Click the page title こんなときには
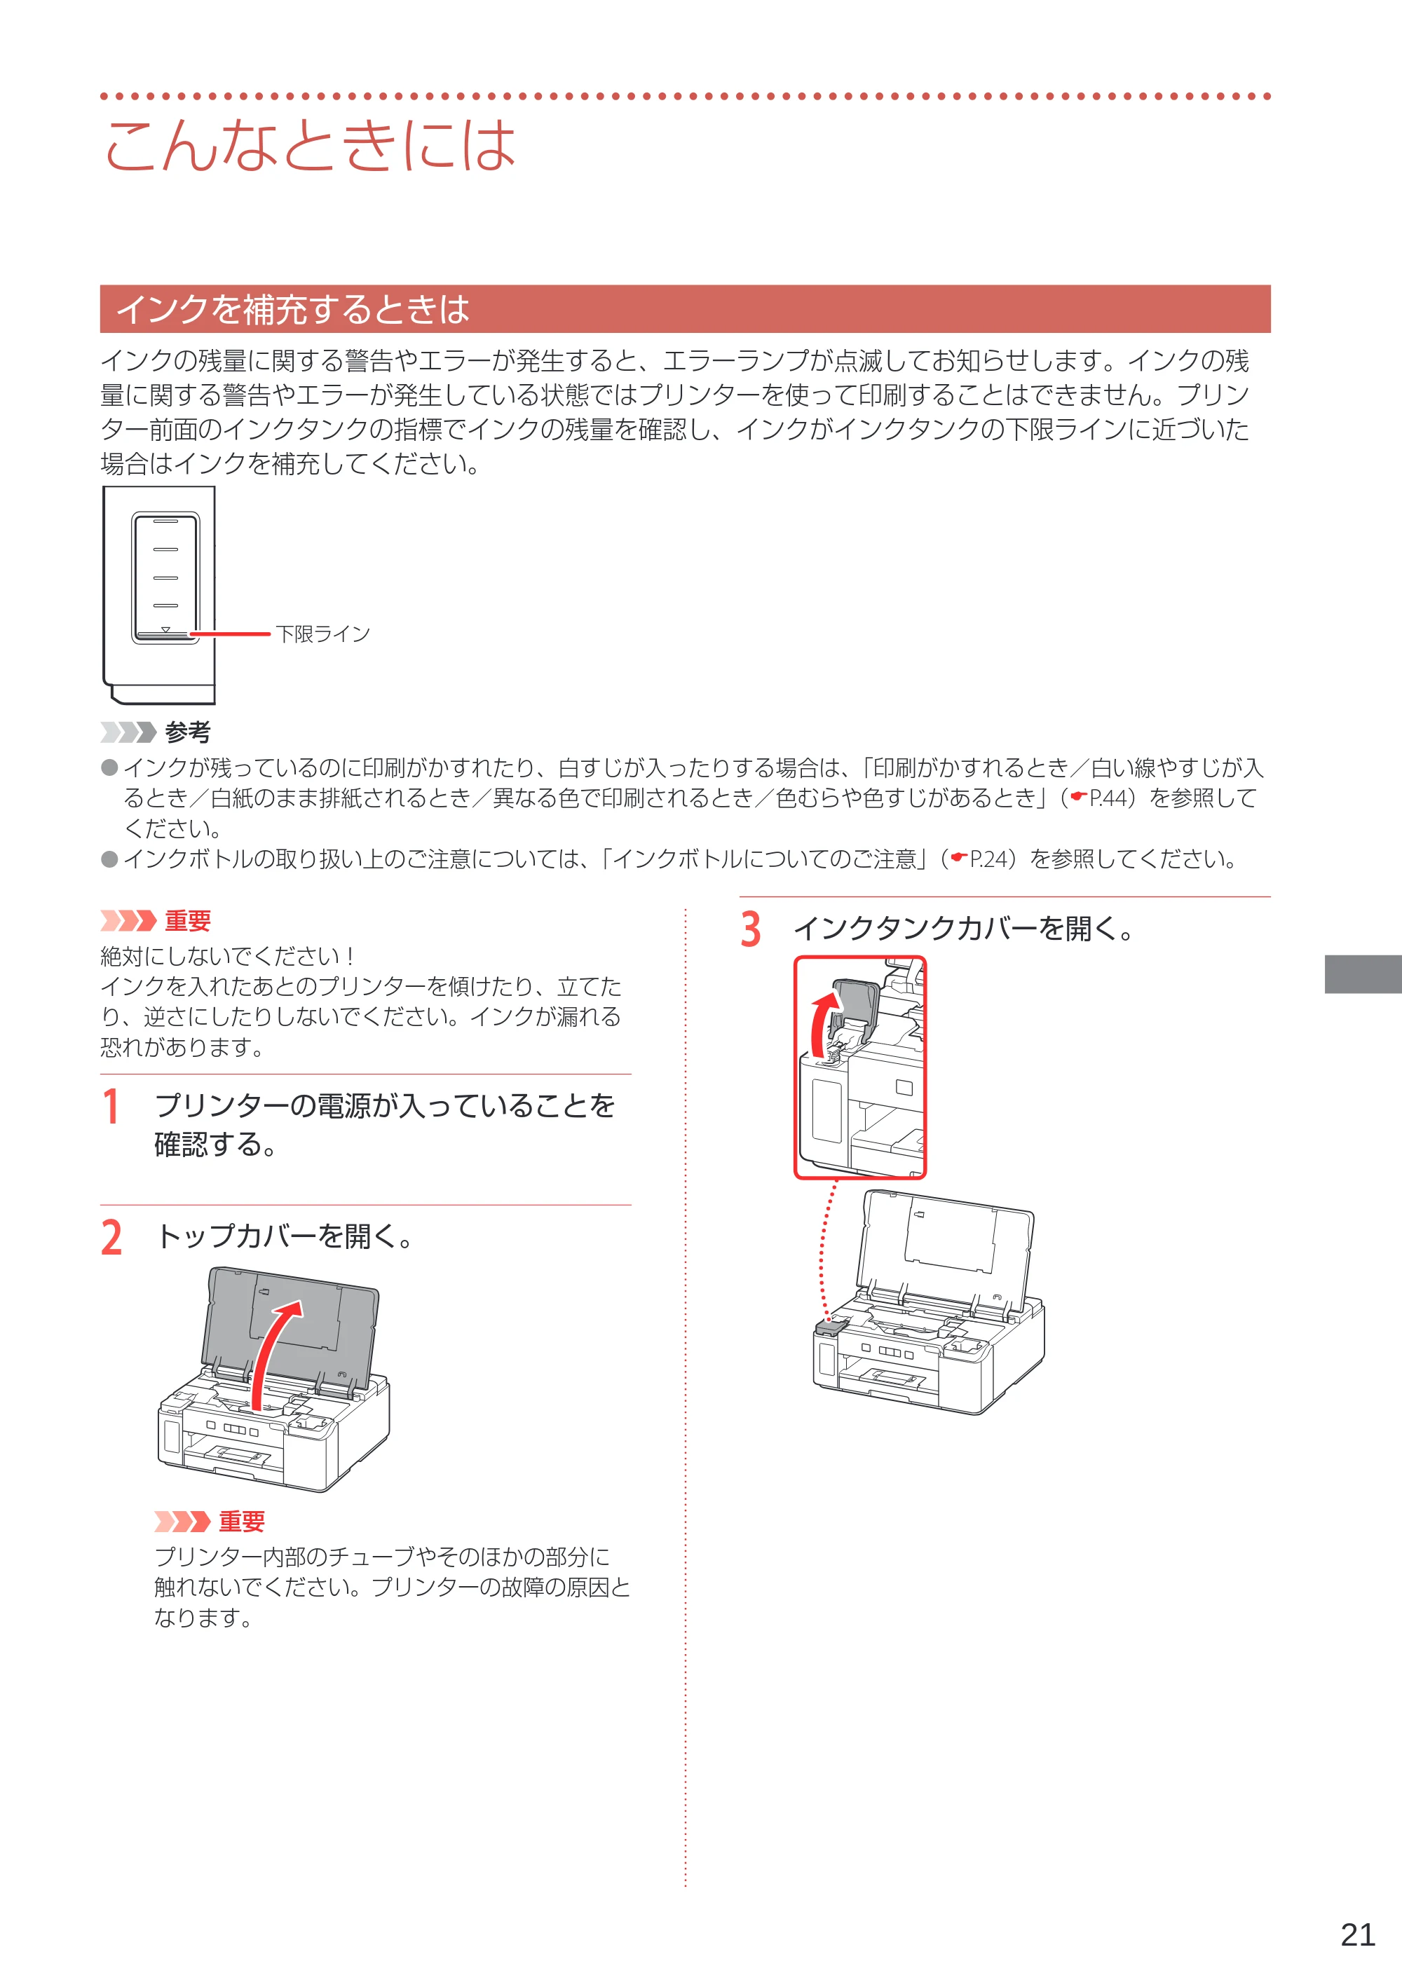tap(310, 144)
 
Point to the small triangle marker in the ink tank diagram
tap(165, 629)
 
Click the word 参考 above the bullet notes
tap(187, 732)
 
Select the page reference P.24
tap(989, 859)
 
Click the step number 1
tap(111, 1107)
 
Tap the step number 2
tap(111, 1238)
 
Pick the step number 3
tap(751, 929)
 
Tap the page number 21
tap(1358, 1934)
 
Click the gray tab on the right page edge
tap(1363, 974)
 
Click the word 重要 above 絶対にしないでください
tap(187, 921)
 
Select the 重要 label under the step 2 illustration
tap(241, 1521)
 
